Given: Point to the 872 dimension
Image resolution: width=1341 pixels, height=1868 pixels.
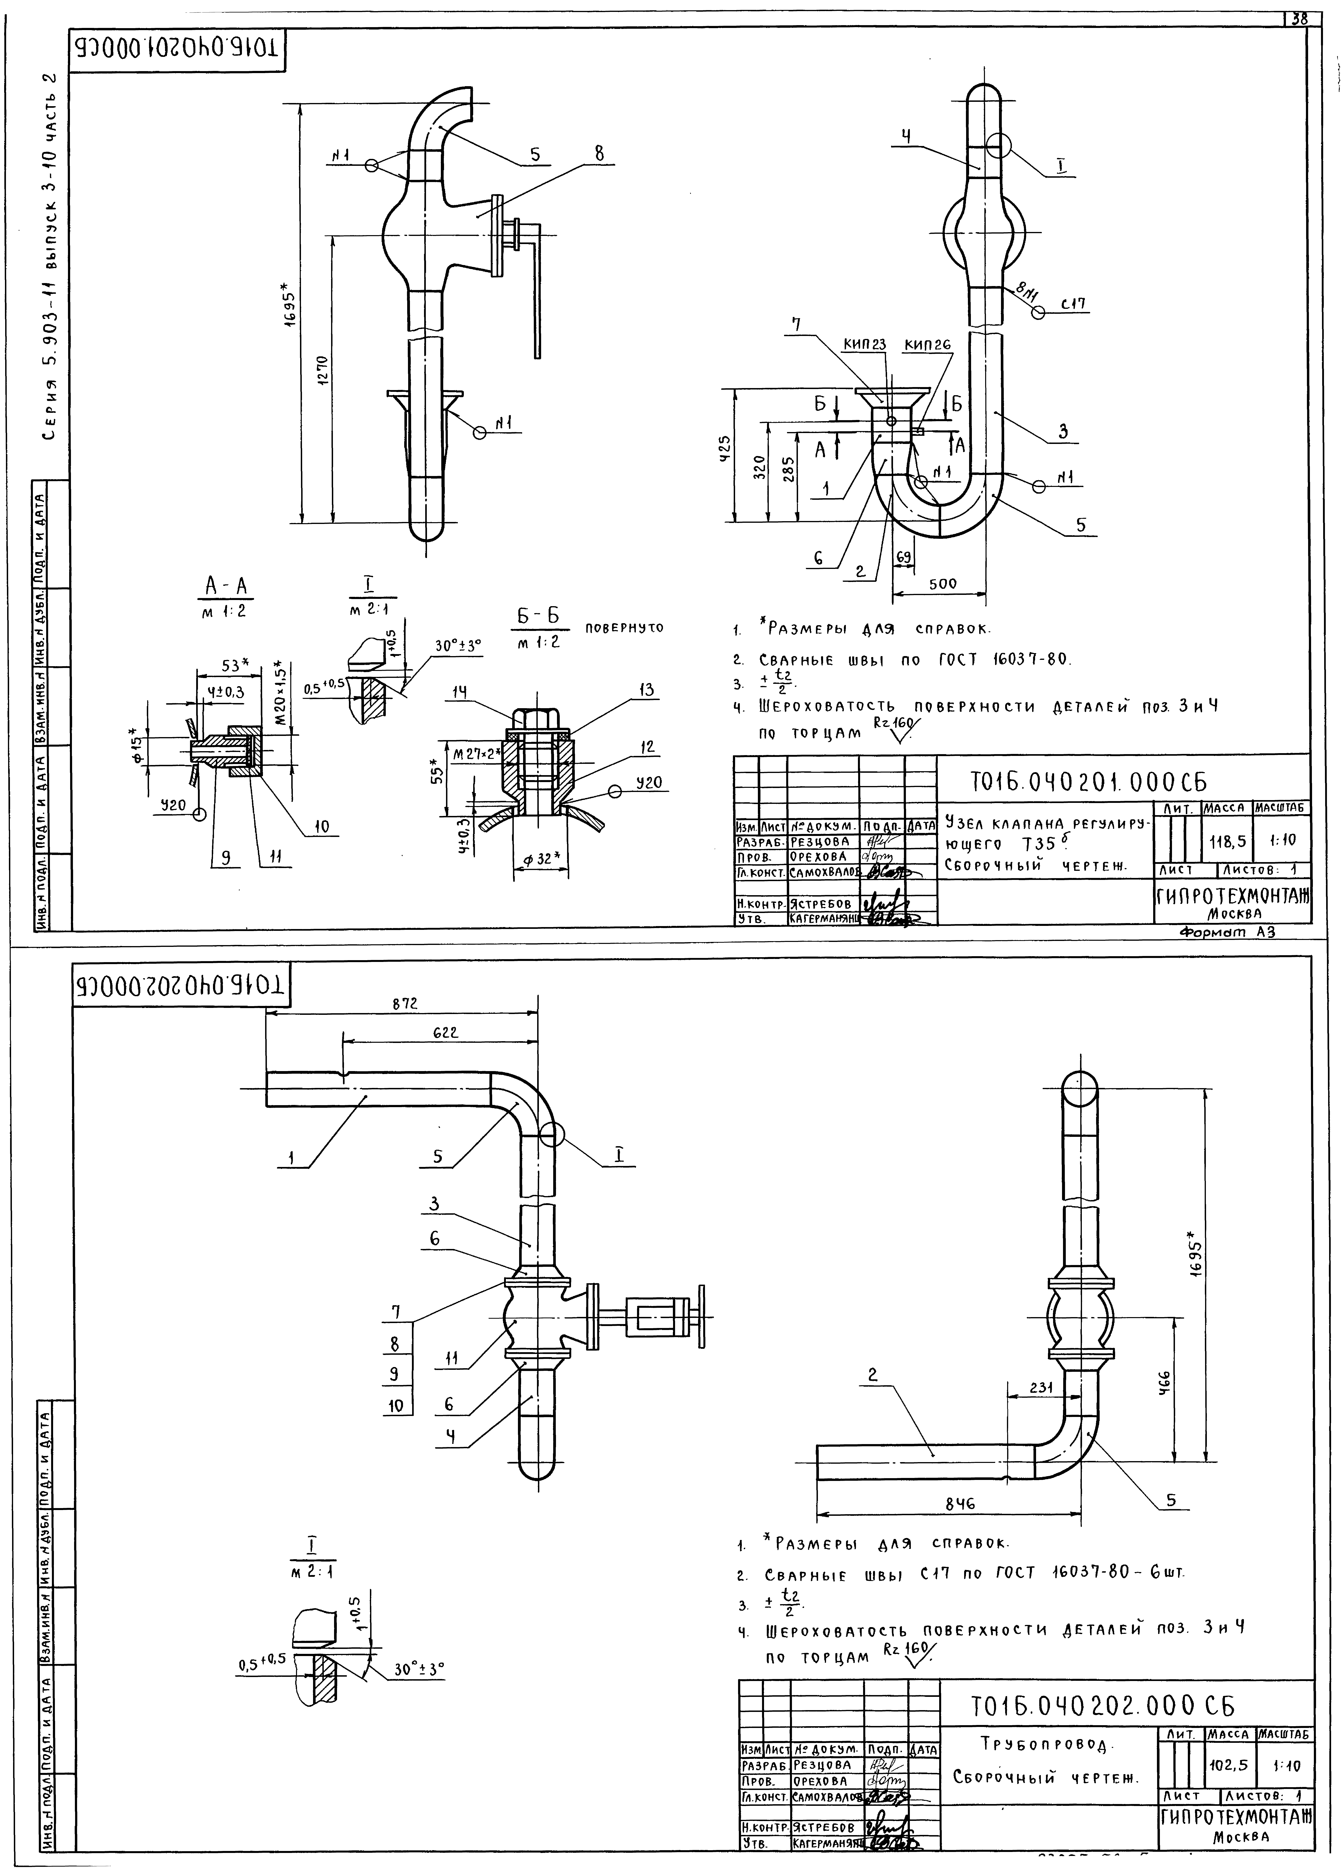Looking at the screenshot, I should point(404,1004).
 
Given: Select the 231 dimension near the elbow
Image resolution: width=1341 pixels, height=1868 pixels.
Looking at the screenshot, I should point(1041,1387).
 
